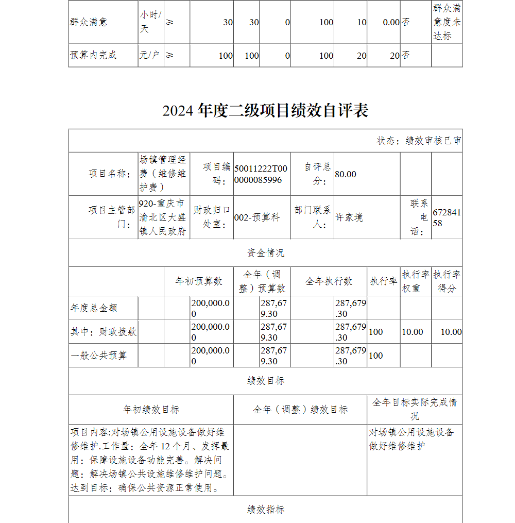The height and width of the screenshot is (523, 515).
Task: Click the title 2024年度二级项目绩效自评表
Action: point(265,111)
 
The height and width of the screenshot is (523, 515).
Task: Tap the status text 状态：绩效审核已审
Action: point(419,141)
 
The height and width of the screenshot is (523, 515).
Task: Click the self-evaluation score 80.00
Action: point(346,174)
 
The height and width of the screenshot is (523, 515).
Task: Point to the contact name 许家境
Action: point(349,217)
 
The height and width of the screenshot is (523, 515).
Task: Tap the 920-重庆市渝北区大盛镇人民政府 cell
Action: point(163,217)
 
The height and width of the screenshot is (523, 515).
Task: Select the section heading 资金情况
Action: point(265,253)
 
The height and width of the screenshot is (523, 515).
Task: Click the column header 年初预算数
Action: point(199,281)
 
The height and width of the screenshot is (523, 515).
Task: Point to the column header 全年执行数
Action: point(329,281)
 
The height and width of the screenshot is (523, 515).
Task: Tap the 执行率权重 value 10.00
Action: point(412,332)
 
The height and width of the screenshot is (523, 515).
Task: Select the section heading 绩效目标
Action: point(265,381)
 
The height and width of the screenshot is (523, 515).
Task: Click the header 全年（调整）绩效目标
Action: point(300,410)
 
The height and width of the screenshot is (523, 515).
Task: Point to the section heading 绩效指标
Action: point(265,510)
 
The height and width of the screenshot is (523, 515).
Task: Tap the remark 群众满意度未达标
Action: point(447,22)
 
